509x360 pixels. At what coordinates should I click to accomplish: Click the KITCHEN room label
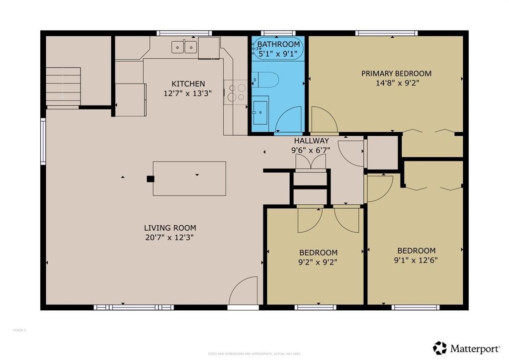[188, 84]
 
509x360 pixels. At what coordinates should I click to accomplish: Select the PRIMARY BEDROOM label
[396, 74]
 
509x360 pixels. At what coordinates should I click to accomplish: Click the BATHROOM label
[278, 45]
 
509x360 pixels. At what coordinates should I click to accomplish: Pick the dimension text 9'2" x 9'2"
[318, 262]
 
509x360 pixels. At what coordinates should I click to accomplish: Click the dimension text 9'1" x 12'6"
[417, 260]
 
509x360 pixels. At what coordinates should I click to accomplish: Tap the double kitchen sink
[184, 47]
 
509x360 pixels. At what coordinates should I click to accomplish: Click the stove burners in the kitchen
[236, 92]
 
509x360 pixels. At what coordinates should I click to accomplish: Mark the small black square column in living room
[150, 179]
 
